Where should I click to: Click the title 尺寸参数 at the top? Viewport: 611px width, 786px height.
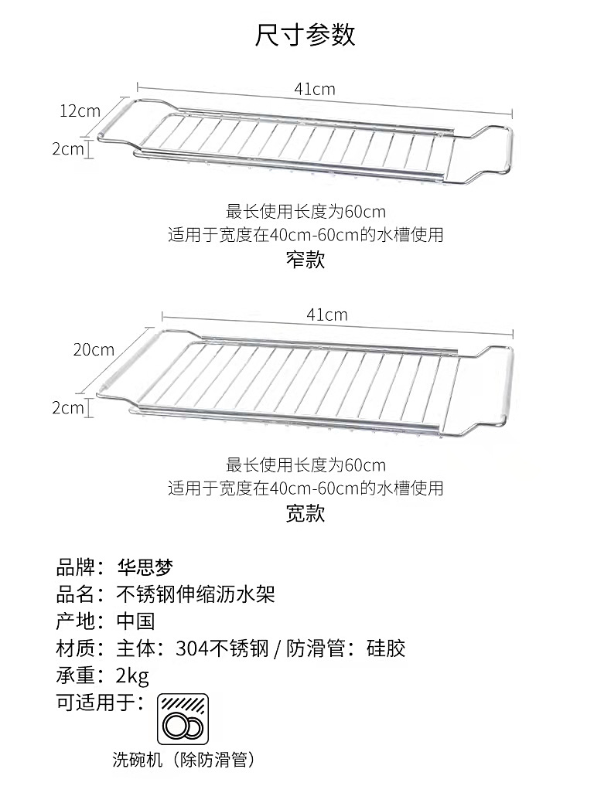click(x=305, y=35)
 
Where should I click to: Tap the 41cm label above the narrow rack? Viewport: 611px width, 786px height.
click(x=315, y=89)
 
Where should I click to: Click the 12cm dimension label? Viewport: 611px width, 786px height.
click(x=80, y=111)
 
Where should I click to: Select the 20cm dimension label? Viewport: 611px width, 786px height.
click(x=94, y=349)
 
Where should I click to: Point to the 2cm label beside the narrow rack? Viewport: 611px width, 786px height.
click(x=67, y=148)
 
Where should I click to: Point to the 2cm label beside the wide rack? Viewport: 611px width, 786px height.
click(x=67, y=407)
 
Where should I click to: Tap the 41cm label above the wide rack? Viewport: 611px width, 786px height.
click(x=326, y=315)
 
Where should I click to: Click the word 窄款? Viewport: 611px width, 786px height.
click(x=305, y=260)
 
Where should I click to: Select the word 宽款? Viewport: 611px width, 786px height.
click(x=305, y=513)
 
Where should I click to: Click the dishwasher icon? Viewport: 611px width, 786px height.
click(x=183, y=719)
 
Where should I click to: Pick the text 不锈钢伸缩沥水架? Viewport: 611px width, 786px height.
click(x=195, y=594)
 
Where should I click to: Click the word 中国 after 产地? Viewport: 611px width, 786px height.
click(x=135, y=621)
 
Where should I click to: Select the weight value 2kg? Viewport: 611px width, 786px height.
click(x=132, y=676)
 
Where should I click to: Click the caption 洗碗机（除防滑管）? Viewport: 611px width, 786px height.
click(x=183, y=760)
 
